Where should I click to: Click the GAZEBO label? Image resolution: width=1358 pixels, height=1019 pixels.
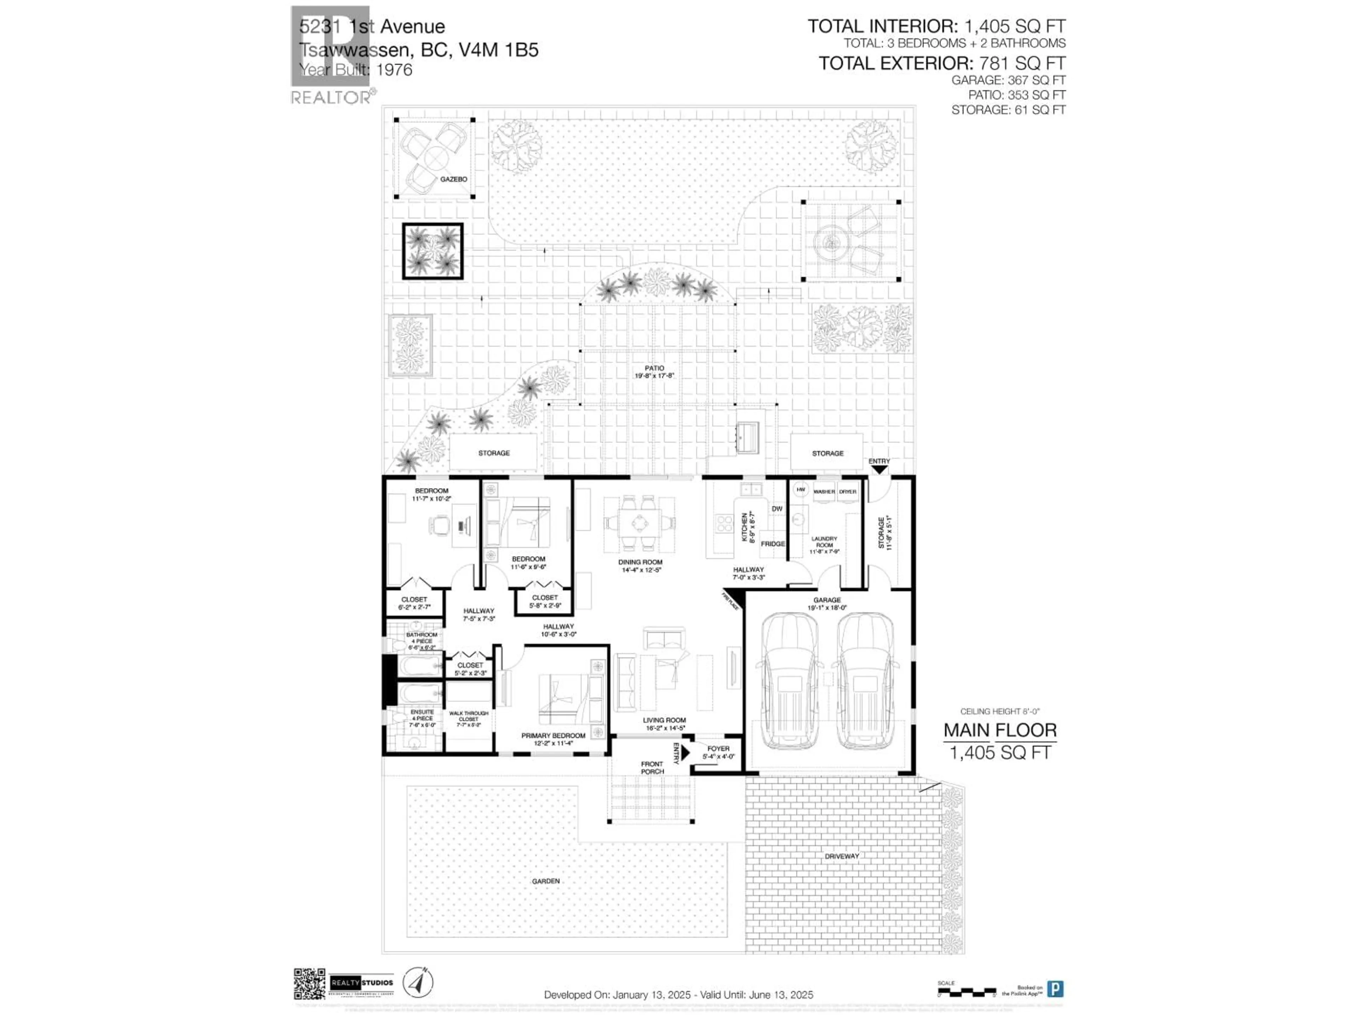(454, 179)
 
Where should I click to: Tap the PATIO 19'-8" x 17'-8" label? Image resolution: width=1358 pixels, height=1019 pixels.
(655, 372)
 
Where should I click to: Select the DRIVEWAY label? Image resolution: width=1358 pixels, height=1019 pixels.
(842, 856)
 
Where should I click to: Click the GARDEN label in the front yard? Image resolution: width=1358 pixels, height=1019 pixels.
(545, 881)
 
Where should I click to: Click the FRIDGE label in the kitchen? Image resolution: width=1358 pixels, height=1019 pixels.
(773, 543)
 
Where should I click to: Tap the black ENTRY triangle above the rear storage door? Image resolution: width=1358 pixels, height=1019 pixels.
(879, 469)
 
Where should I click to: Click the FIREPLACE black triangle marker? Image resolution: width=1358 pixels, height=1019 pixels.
(734, 599)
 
